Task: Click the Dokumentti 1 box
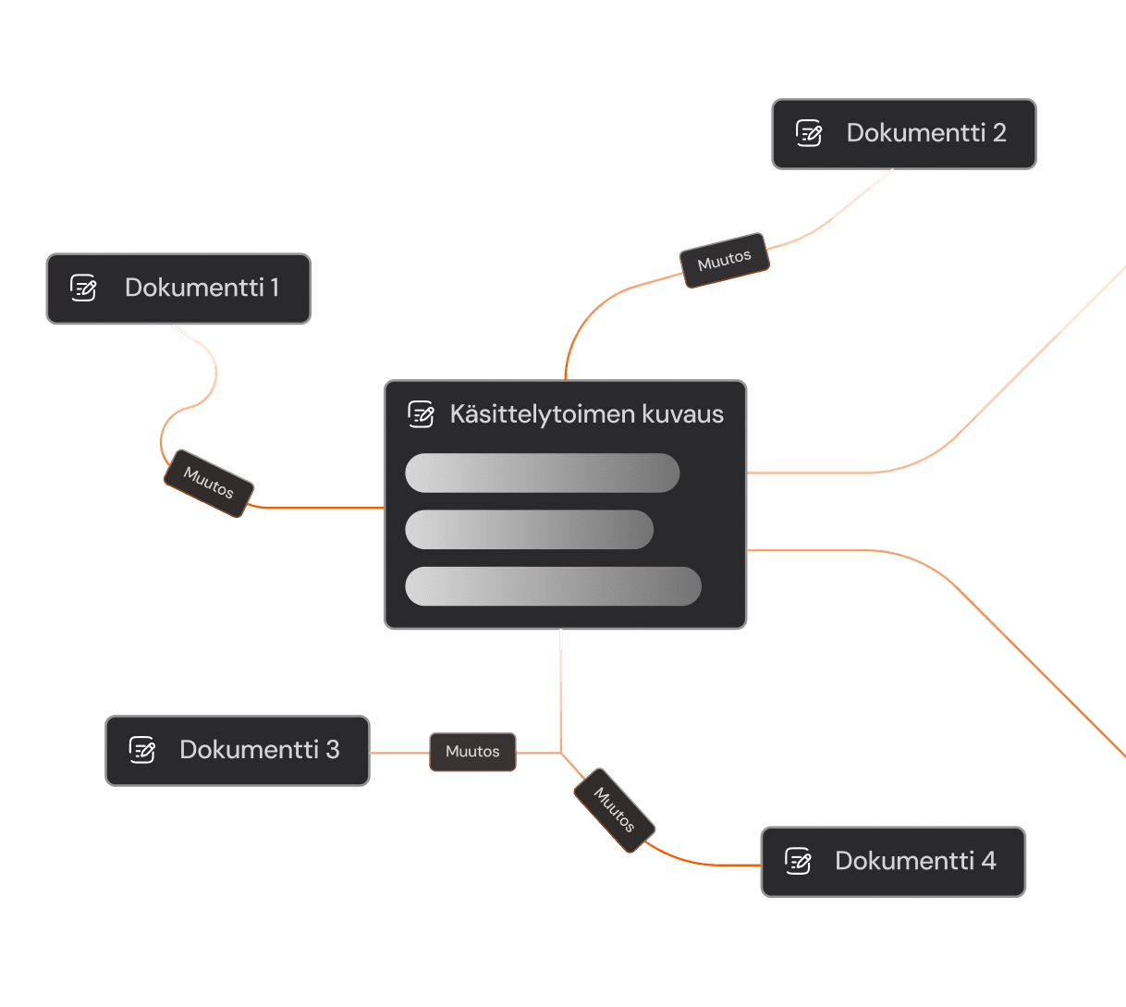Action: (178, 289)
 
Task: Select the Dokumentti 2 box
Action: (903, 134)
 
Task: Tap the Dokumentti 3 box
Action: (238, 750)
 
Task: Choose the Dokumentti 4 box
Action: (893, 862)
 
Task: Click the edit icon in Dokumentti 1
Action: (84, 289)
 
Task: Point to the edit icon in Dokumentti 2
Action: (809, 133)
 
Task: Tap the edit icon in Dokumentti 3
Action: (142, 749)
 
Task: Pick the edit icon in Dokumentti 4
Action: (798, 861)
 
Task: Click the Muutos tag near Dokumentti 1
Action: (209, 483)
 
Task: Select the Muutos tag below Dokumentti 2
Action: (725, 260)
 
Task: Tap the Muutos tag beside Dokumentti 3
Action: (472, 752)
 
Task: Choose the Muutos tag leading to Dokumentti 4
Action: (615, 810)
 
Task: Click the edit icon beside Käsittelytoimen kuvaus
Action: (422, 414)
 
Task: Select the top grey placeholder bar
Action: (542, 473)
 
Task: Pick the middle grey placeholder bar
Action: (529, 529)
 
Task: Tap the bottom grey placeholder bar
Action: (553, 586)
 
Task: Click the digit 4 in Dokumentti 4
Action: (988, 861)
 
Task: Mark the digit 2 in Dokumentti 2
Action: (998, 133)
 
